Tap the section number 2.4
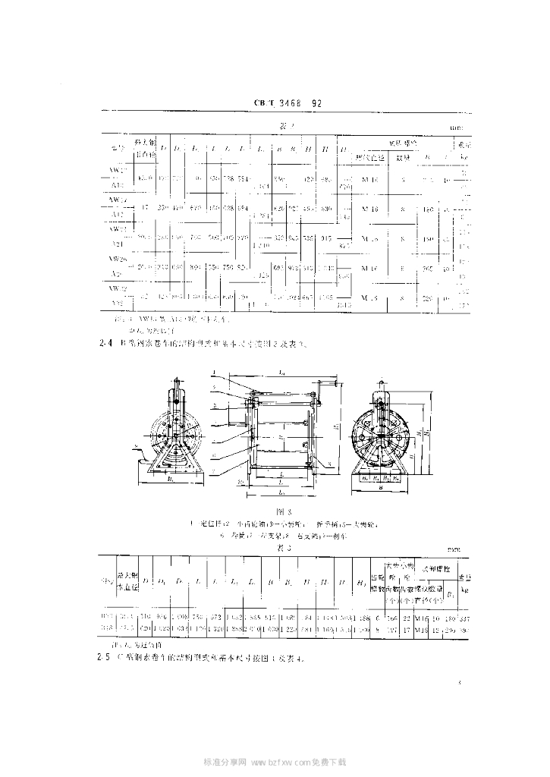(105, 342)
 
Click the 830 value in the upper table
(327, 208)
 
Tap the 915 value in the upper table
(327, 238)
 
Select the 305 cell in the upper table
(428, 268)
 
